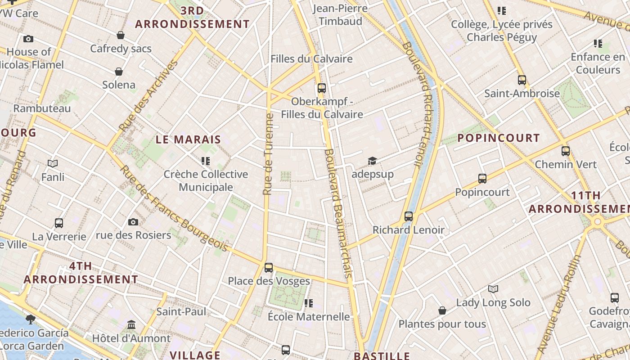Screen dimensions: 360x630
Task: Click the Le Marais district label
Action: [x=189, y=139]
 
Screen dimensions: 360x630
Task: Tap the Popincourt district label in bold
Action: [x=498, y=138]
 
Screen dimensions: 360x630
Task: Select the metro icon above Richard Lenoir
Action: [x=409, y=216]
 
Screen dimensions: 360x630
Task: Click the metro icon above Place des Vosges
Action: [x=269, y=267]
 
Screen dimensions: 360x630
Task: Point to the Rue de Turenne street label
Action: [x=268, y=154]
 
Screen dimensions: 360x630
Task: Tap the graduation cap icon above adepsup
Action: [x=372, y=161]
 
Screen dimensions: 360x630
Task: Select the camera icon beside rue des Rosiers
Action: [x=133, y=222]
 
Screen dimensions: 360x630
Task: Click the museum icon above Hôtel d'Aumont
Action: [x=131, y=324]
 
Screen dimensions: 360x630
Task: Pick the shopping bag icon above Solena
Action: [x=119, y=72]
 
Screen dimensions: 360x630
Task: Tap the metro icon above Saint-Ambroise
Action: [x=522, y=80]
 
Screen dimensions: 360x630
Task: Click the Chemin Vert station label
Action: [x=566, y=164]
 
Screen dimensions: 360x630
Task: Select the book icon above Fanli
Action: [x=53, y=164]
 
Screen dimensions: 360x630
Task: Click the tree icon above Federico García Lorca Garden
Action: [x=31, y=319]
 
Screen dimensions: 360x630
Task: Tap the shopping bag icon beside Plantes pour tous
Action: [x=442, y=310]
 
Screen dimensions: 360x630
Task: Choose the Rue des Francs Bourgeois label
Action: [x=174, y=208]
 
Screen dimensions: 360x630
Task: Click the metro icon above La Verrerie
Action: [x=59, y=223]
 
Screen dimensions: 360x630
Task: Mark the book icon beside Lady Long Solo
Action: [x=493, y=289]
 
